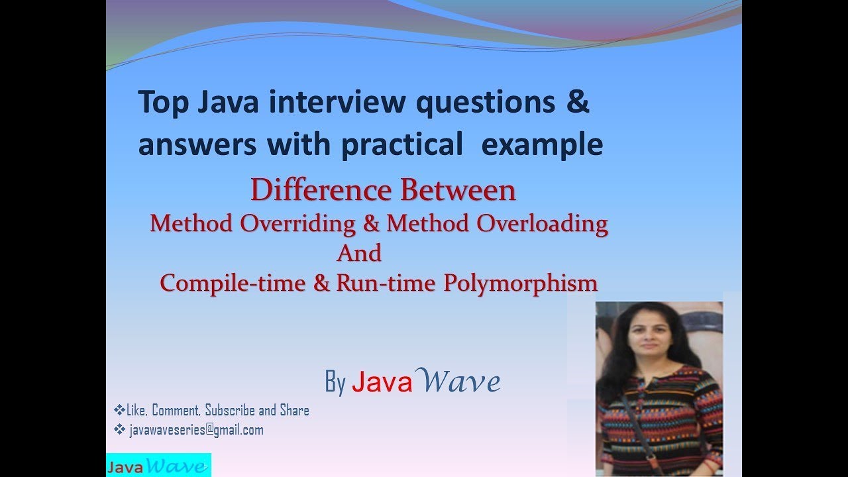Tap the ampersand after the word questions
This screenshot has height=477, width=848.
click(x=578, y=103)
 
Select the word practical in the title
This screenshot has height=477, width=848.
click(x=401, y=144)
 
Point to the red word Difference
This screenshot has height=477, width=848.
click(x=322, y=191)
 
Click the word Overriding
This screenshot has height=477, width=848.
click(x=297, y=223)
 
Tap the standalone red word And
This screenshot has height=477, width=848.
click(x=359, y=253)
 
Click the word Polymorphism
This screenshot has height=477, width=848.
click(x=521, y=283)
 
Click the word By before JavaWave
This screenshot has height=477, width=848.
click(x=335, y=382)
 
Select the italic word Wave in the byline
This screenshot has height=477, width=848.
click(x=460, y=382)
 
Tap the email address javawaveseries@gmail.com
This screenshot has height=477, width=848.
click(x=197, y=430)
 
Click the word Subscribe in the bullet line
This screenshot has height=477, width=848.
click(x=231, y=411)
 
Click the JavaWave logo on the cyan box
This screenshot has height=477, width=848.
click(x=158, y=466)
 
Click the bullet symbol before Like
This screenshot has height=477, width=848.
click(x=119, y=410)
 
